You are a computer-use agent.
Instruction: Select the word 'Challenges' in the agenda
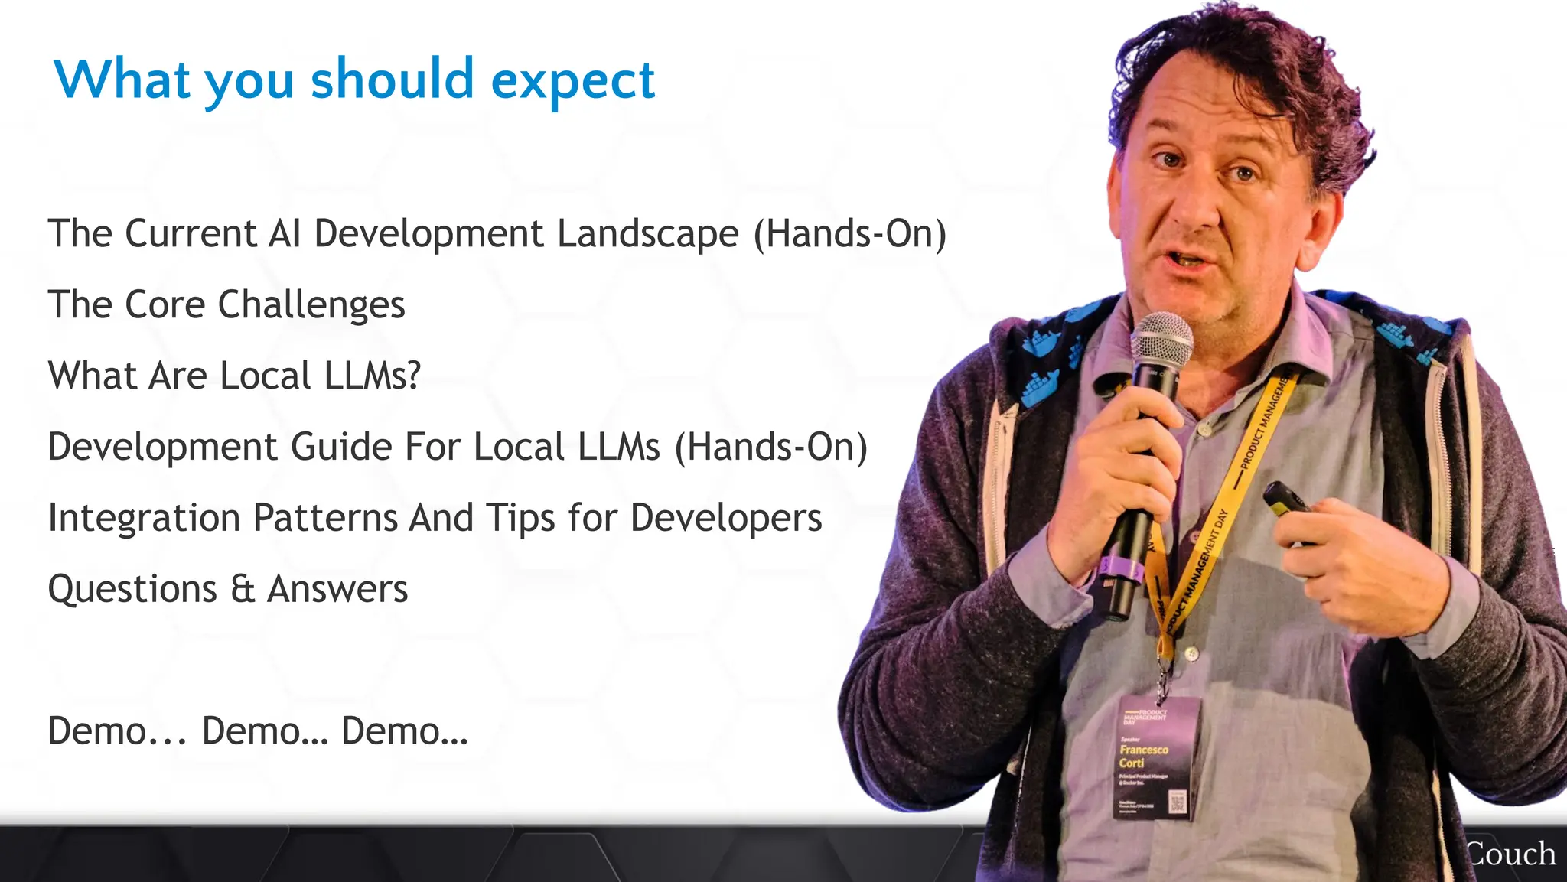pos(311,305)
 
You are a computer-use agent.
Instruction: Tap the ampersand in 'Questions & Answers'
pos(242,590)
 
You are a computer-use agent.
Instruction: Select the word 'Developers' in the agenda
pos(726,518)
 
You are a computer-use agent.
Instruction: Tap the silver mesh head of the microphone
pos(1161,340)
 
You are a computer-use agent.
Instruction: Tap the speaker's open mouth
pos(1188,261)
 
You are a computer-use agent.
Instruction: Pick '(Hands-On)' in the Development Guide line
pos(770,447)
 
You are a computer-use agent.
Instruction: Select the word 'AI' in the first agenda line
pos(284,234)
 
